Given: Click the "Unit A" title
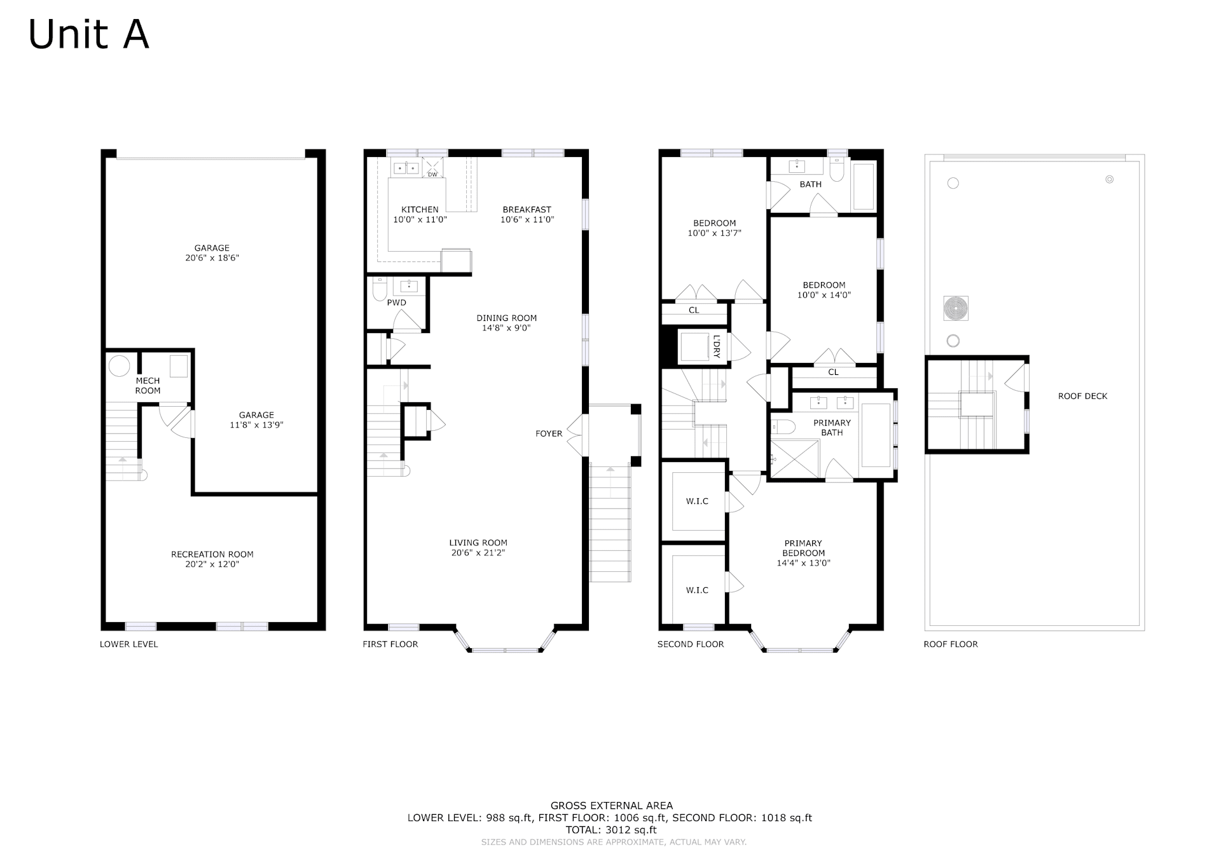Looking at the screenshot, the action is pos(89,34).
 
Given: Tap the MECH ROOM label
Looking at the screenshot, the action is pos(148,386).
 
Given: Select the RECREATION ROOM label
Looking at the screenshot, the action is pos(212,554).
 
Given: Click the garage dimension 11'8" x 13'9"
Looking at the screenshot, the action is pos(256,425).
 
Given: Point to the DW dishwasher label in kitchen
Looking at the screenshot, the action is pos(432,174).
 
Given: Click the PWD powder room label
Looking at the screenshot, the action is pos(397,302).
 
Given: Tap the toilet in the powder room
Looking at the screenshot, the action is pos(380,289).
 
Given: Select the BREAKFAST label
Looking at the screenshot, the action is pos(527,209).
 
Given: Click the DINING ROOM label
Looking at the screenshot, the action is pos(507,318).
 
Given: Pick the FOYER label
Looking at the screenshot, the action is pos(549,433).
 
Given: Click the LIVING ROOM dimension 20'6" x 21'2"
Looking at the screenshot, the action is pos(478,553).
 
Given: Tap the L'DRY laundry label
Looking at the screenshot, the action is pos(717,346).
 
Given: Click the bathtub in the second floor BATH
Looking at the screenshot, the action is pos(864,186).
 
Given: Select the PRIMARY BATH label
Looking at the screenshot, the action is pos(832,428).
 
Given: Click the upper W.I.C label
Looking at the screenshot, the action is pos(697,501).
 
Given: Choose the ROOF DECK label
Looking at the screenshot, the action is pos(1082,396).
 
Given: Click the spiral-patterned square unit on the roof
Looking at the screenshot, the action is pos(956,308).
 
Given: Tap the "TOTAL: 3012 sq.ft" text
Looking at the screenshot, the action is pos(610,830).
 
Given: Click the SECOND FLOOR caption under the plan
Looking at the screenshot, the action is pos(691,644).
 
